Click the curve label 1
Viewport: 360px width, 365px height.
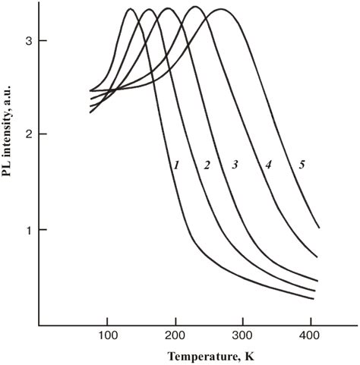(175, 165)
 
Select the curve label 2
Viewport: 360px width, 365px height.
(206, 165)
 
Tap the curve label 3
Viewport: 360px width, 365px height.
(235, 165)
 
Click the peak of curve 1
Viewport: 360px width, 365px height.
(130, 9)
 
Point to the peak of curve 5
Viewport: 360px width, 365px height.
(221, 9)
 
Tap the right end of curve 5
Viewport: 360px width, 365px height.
(318, 227)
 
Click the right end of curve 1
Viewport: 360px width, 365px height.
(314, 298)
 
